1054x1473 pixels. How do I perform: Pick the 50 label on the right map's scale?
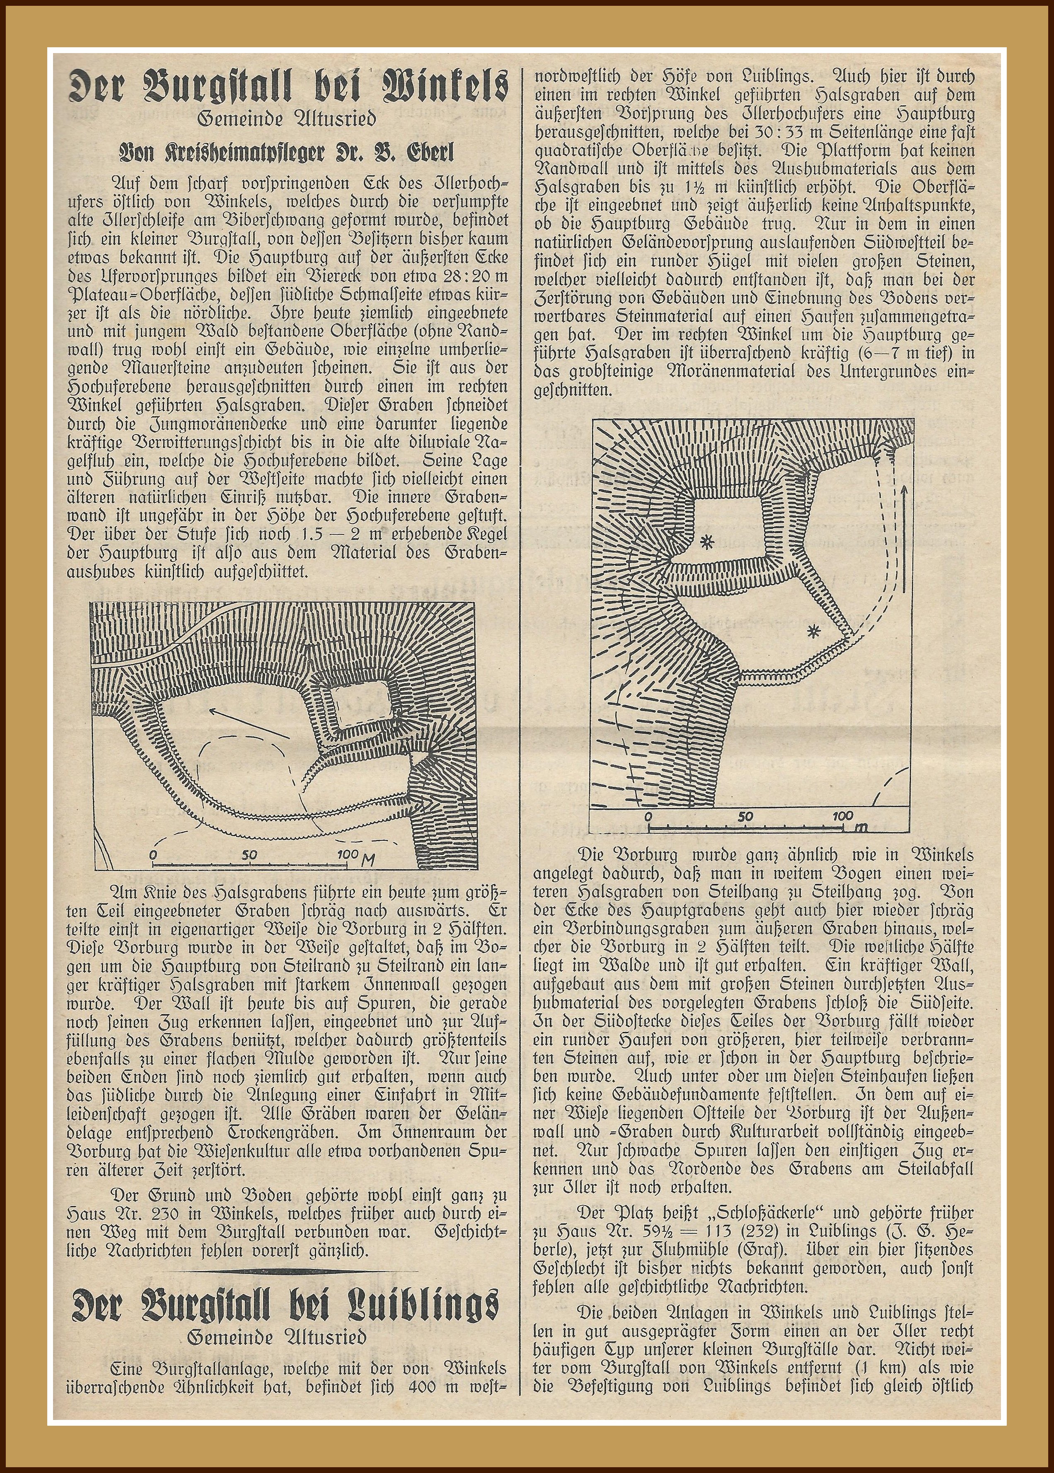point(745,816)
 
